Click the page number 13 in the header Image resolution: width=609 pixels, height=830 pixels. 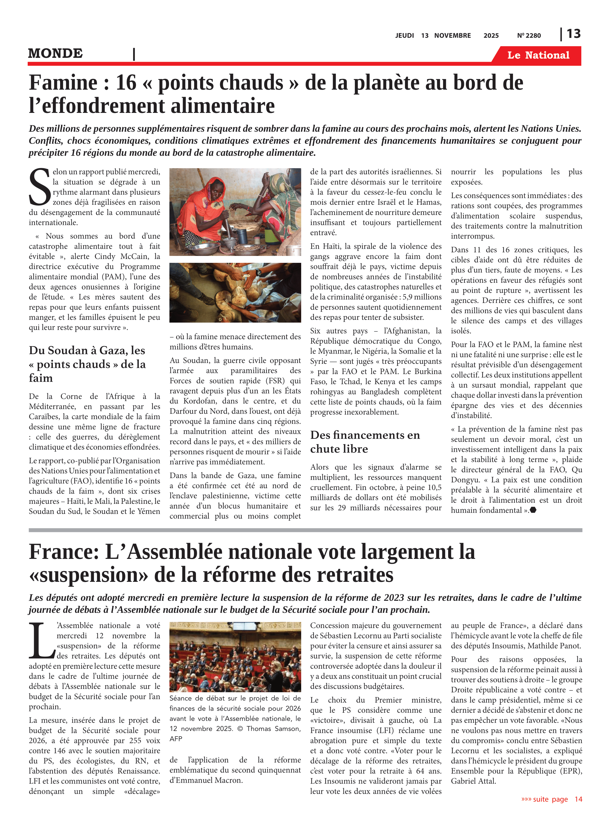point(573,34)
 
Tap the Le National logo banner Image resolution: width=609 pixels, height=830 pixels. point(538,55)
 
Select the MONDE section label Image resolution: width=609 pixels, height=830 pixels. point(55,53)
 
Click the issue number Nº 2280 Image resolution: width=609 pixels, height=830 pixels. point(529,36)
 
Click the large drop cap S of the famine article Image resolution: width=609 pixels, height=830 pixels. point(39,187)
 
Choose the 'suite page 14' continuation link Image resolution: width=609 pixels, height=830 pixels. point(551,799)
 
